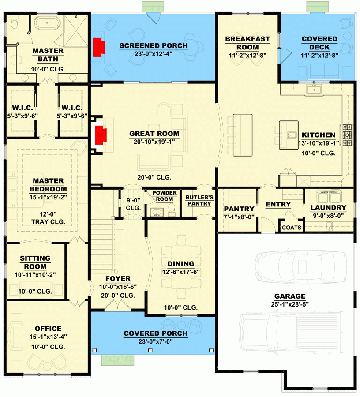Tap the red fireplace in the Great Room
(101, 135)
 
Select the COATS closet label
(292, 228)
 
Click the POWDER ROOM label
(165, 195)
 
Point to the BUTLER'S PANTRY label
(199, 200)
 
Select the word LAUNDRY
(328, 208)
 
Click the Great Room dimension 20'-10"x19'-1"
(154, 142)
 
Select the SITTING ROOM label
(35, 262)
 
